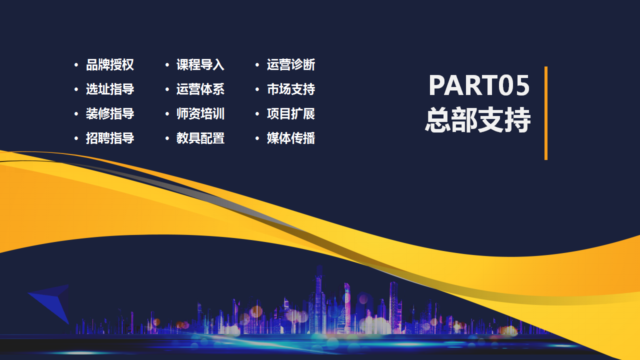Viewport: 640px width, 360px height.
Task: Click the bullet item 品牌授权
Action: click(x=110, y=65)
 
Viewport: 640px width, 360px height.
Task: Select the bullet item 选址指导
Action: click(x=110, y=89)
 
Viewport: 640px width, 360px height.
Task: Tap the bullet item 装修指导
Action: click(x=110, y=113)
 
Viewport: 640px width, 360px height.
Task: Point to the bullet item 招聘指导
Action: click(x=110, y=138)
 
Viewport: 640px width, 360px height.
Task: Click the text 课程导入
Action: click(x=200, y=65)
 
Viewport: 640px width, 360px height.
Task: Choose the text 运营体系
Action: click(x=200, y=89)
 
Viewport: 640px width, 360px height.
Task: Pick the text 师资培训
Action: click(x=200, y=113)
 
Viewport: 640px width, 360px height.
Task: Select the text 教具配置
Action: click(x=200, y=138)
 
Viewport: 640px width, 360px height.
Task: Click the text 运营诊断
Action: click(x=291, y=65)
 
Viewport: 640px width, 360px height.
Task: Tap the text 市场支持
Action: click(x=291, y=89)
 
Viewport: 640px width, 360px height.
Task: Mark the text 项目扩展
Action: click(x=291, y=113)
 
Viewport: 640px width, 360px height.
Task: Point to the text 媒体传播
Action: click(x=291, y=138)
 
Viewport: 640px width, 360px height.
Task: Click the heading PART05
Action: click(x=479, y=85)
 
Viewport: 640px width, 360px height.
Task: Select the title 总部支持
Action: click(x=478, y=120)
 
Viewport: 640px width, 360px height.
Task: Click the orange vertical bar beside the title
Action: click(x=546, y=113)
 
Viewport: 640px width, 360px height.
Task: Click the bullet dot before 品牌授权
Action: click(x=76, y=65)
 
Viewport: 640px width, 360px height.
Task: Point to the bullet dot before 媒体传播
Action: click(x=257, y=138)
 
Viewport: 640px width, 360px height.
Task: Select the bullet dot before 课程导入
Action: click(x=167, y=65)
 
